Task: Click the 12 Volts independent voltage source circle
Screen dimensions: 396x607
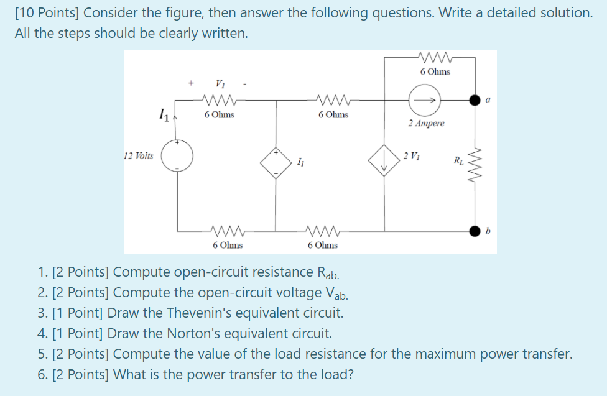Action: point(177,155)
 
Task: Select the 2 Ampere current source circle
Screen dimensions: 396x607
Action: point(425,99)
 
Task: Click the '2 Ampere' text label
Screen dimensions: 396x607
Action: point(426,123)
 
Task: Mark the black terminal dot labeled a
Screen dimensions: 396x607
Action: point(476,99)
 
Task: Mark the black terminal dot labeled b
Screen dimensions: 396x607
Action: point(476,231)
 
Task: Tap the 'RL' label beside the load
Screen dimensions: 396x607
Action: point(459,163)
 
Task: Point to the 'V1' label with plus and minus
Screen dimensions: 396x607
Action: point(219,83)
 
